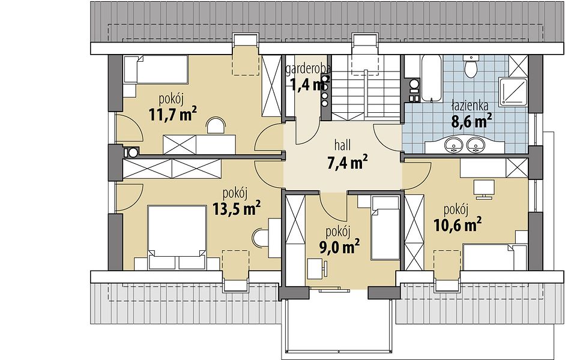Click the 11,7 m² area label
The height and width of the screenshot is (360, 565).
pyautogui.click(x=172, y=114)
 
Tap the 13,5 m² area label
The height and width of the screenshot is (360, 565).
pyautogui.click(x=237, y=208)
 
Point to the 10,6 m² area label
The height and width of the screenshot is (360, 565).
pyautogui.click(x=458, y=225)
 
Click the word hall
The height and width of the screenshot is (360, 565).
pyautogui.click(x=343, y=146)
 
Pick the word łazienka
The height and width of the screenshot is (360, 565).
pyautogui.click(x=470, y=106)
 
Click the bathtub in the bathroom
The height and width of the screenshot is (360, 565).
pyautogui.click(x=431, y=79)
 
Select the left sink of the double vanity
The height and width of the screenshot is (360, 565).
pyautogui.click(x=453, y=145)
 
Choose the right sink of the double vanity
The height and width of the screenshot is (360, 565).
pyautogui.click(x=476, y=145)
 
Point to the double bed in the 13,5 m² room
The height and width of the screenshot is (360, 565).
pyautogui.click(x=177, y=237)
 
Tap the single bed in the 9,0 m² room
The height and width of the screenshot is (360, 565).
pyautogui.click(x=385, y=228)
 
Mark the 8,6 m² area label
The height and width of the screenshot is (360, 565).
pyautogui.click(x=472, y=121)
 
